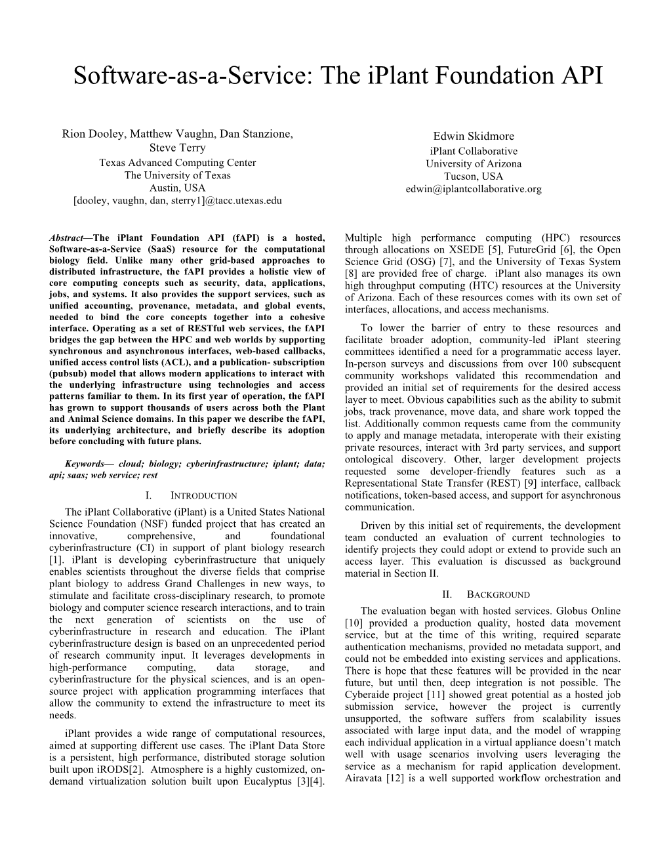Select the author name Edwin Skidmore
tap(474, 136)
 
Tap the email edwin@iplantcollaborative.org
tap(474, 189)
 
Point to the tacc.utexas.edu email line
tap(177, 200)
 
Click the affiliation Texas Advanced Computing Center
tap(177, 163)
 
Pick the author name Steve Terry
tap(177, 148)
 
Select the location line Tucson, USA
tap(474, 176)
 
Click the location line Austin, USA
tap(177, 188)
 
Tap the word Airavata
tap(363, 778)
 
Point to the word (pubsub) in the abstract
tap(69, 374)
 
